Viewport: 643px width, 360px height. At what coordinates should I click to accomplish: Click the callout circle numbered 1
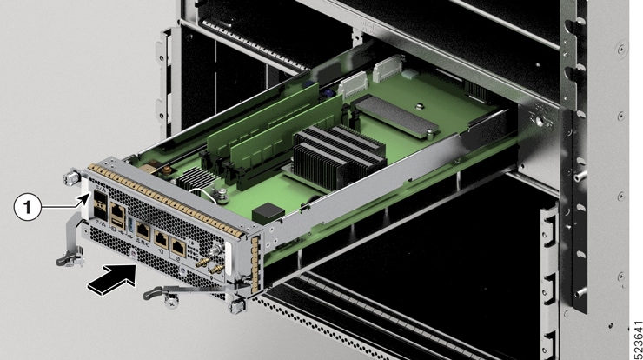[29, 207]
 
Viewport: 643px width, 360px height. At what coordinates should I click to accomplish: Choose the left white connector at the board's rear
[352, 82]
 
